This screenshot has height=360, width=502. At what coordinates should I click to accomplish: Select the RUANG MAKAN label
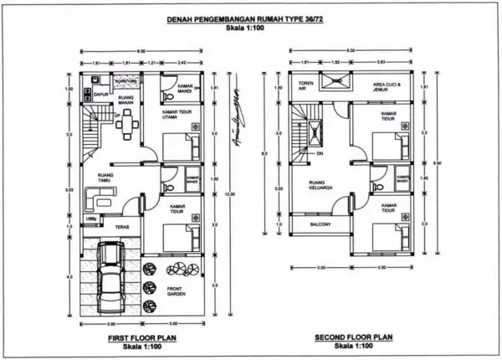coord(125,100)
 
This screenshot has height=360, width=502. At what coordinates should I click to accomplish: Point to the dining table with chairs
coord(126,126)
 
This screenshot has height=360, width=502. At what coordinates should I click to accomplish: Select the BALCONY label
coord(319,224)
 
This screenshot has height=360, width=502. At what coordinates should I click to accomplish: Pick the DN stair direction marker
coord(320,154)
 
